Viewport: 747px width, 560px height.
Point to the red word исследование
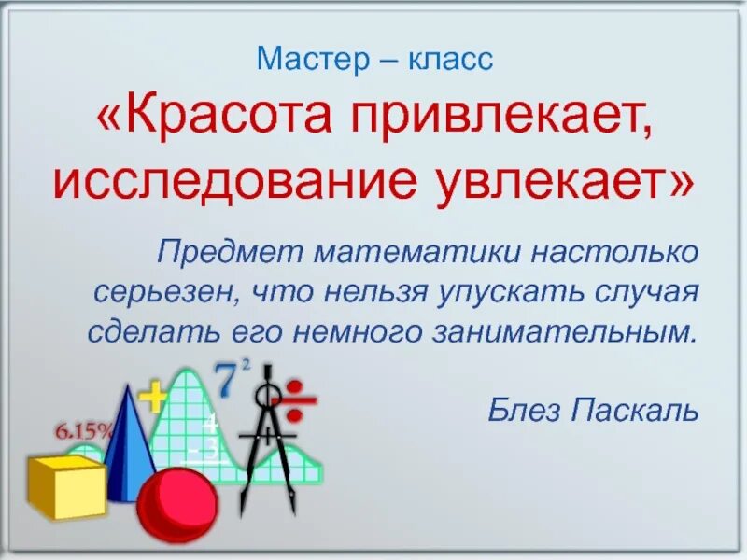click(214, 182)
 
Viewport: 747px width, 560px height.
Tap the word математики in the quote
click(417, 253)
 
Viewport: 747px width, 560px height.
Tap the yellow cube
click(66, 485)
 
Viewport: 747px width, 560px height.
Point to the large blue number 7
click(226, 381)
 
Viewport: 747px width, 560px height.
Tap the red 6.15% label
click(83, 430)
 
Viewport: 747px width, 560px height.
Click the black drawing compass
click(266, 439)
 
